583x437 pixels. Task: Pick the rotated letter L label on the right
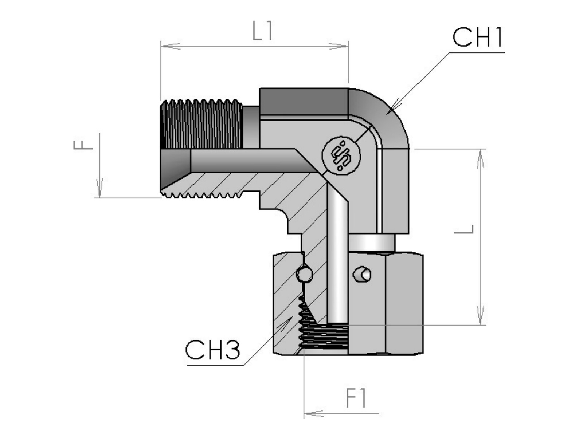[x=464, y=229]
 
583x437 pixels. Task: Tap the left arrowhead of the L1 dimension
[x=170, y=46]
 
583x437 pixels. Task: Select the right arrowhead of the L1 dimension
[x=339, y=46]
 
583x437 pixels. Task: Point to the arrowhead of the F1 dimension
[x=313, y=413]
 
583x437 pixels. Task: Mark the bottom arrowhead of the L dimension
[x=481, y=315]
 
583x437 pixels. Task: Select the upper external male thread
[x=201, y=124]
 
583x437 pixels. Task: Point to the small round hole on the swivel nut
[x=363, y=274]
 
